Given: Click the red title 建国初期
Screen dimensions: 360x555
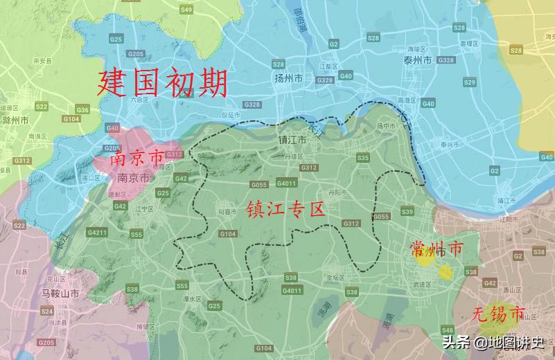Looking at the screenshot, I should click(x=162, y=84).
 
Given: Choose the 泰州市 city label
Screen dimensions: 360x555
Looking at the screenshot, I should click(x=418, y=61).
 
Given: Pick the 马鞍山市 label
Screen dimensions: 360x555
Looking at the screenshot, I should click(x=60, y=294).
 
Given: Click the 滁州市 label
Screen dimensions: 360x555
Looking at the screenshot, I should click(x=15, y=120).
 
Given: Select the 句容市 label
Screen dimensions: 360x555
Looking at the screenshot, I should click(x=228, y=211).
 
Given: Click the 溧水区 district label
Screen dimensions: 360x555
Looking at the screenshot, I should click(x=192, y=299).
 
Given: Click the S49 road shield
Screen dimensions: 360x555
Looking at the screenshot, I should click(x=186, y=10).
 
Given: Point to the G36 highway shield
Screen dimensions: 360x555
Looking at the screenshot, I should click(x=82, y=110).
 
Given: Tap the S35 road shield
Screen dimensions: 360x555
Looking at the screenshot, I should click(x=362, y=159).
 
